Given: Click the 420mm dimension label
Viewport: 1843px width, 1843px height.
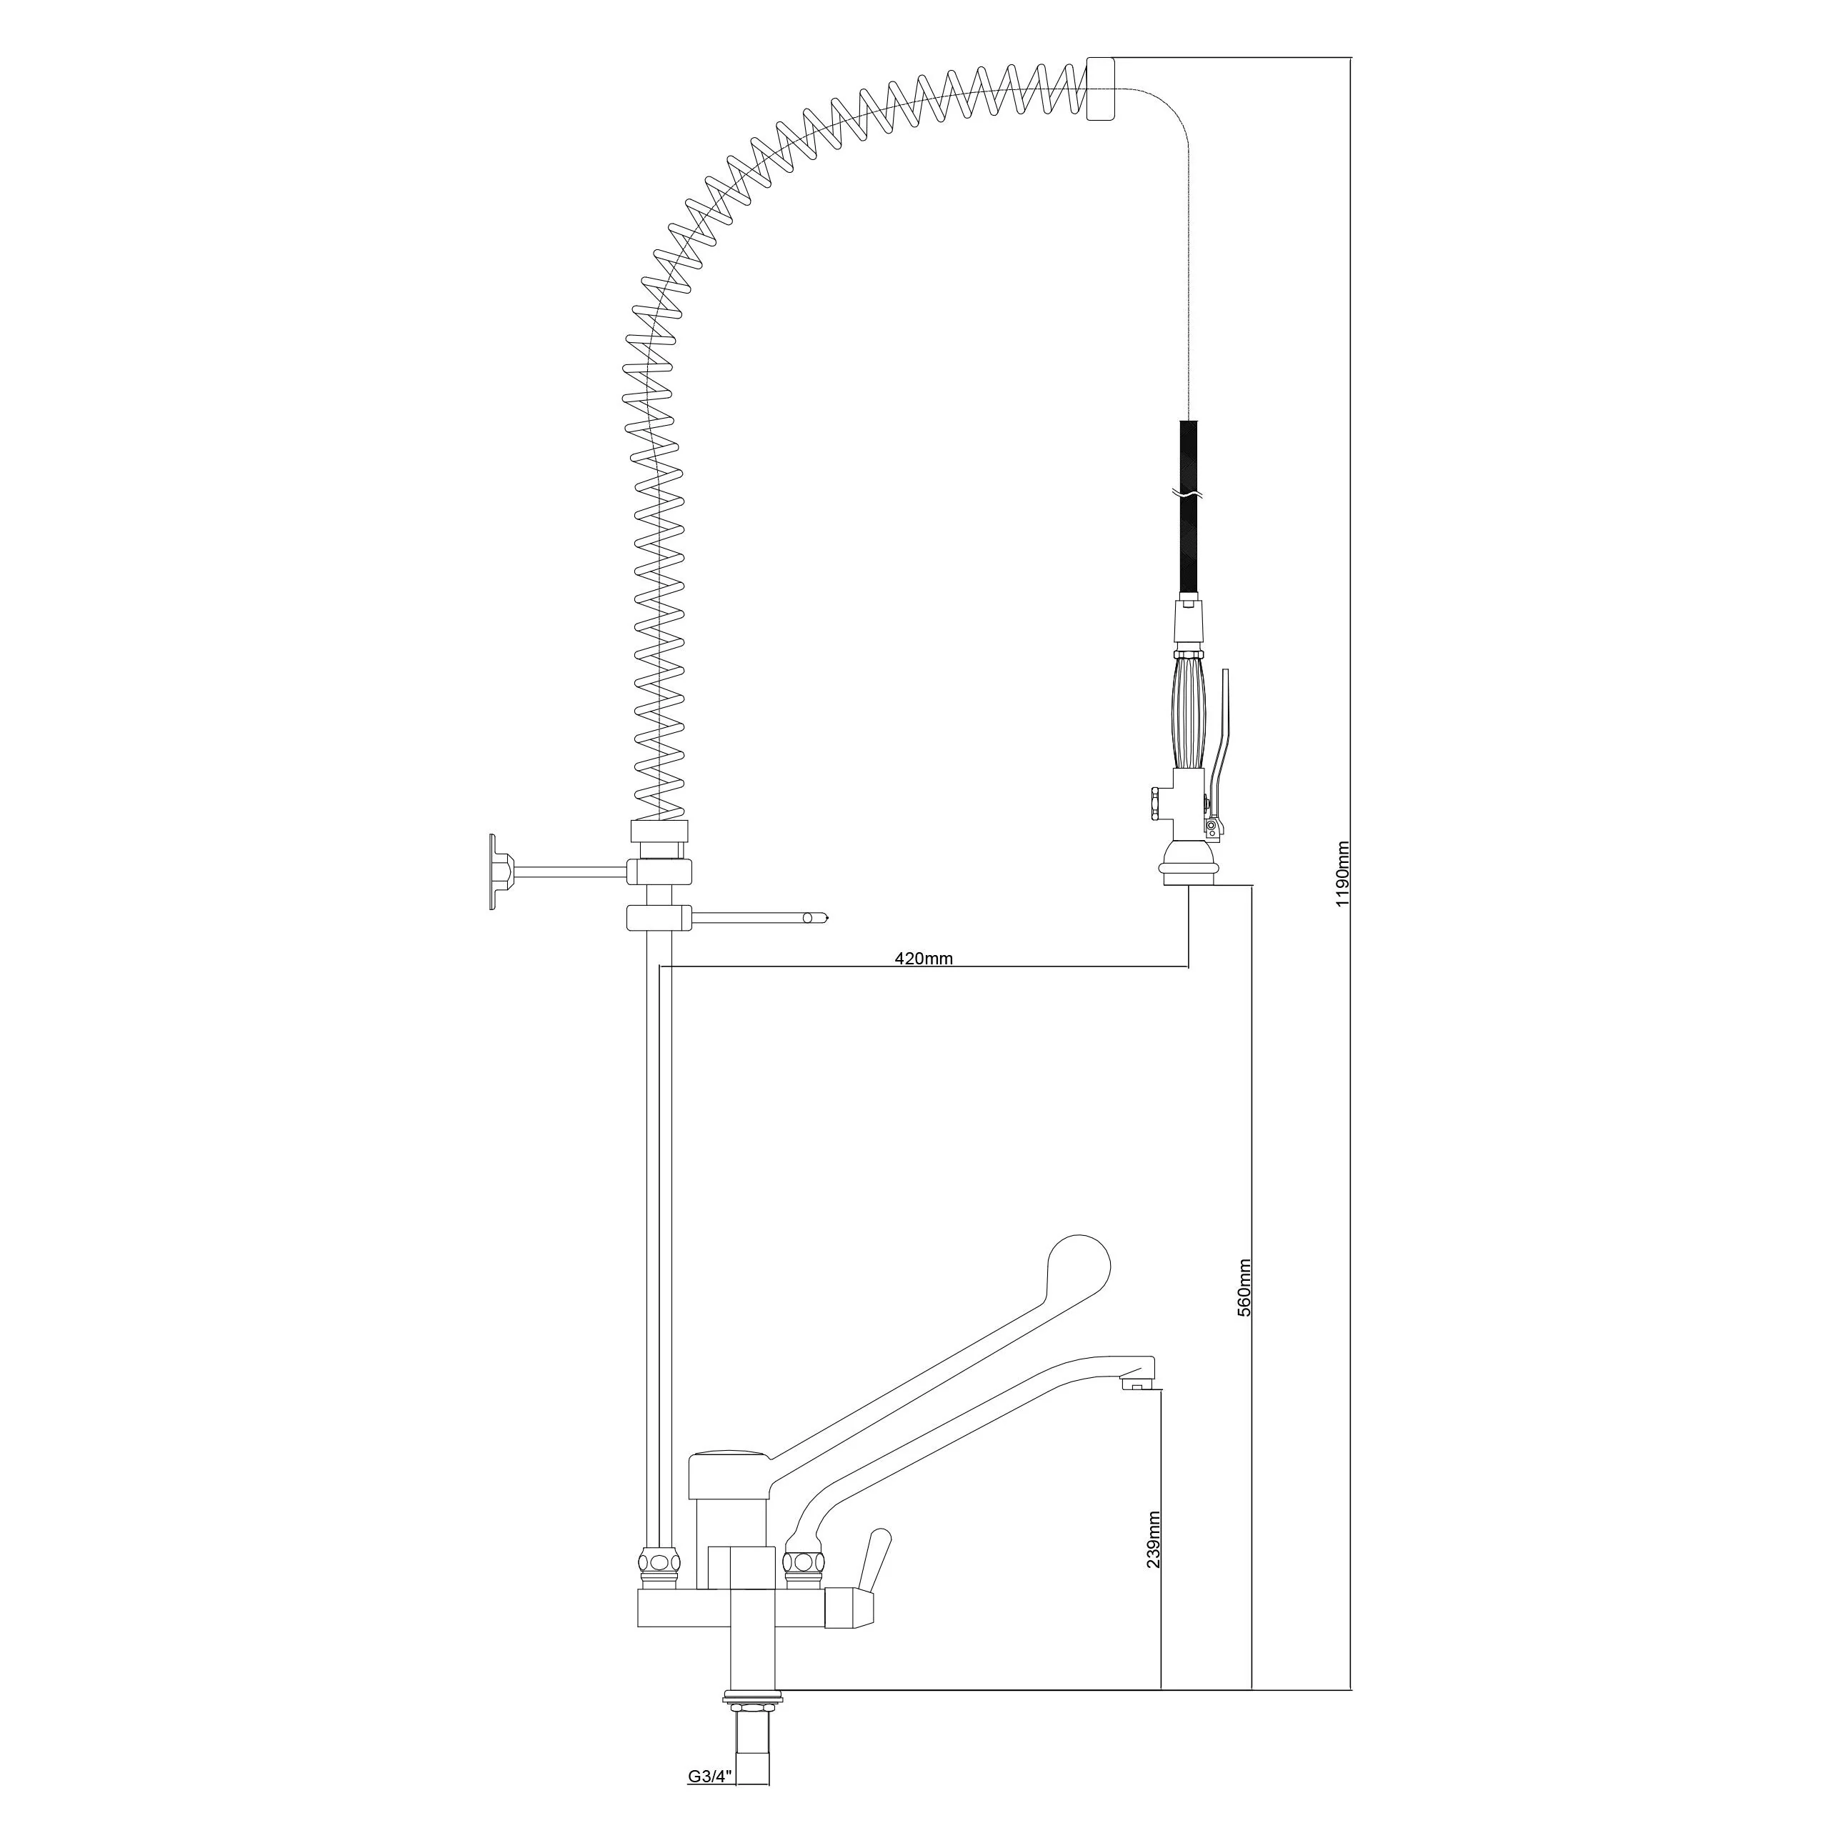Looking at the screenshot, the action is pos(924,959).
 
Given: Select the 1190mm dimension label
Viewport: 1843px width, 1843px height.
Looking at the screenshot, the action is pos(1343,874).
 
